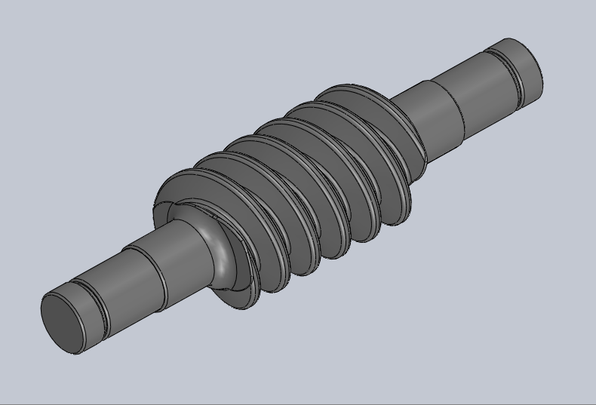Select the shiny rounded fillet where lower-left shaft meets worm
point(220,249)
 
